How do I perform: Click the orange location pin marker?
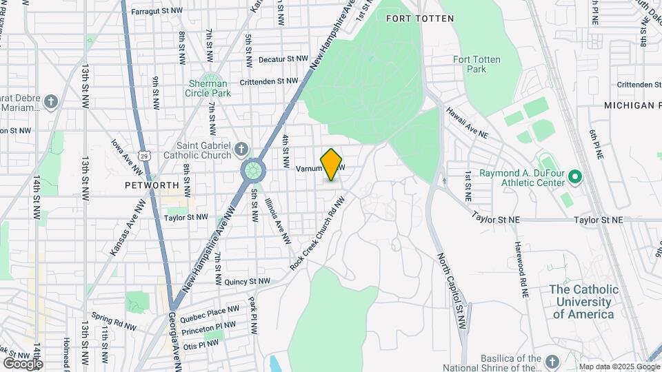[331, 164]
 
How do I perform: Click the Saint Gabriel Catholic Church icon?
[241, 149]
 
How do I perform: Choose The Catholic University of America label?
[583, 302]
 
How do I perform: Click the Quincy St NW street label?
[247, 281]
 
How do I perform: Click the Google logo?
[22, 363]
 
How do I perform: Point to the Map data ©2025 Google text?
[619, 366]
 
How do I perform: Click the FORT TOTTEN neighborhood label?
[419, 19]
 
